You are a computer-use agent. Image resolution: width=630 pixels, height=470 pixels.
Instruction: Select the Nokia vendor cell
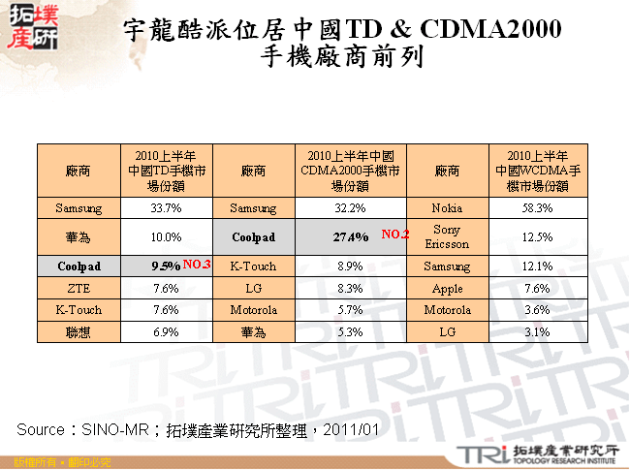(447, 208)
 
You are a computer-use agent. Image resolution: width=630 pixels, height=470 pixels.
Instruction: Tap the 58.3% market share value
(536, 208)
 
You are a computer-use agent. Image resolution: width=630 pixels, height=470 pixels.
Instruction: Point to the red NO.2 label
(396, 235)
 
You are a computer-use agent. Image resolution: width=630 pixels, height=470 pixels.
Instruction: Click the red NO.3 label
(197, 264)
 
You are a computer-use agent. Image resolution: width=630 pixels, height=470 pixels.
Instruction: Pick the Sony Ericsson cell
(447, 236)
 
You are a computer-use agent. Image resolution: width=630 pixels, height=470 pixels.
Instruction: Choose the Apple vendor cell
(447, 288)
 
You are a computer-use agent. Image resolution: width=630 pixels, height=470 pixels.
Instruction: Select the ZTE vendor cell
(79, 288)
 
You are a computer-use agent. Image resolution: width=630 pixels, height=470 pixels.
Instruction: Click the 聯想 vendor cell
(79, 332)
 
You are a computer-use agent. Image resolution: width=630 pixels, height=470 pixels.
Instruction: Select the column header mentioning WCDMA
(536, 170)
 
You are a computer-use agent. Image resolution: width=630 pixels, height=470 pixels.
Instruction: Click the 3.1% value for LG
(536, 332)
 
